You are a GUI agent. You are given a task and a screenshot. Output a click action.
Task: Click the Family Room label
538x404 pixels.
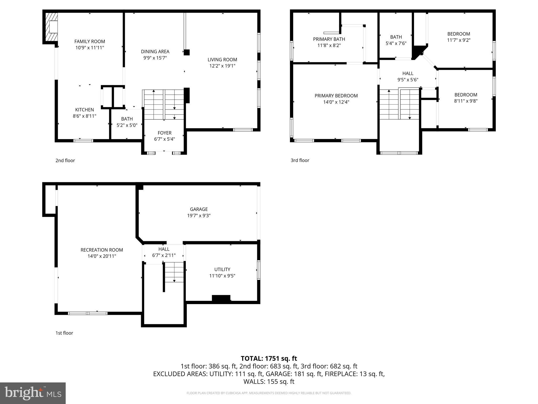click(90, 41)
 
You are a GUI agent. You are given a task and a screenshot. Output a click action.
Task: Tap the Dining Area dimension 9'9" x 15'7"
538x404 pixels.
click(155, 58)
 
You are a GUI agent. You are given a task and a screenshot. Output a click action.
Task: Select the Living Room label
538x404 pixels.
click(222, 60)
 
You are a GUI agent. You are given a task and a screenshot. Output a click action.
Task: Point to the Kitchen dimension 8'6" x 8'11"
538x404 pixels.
click(84, 116)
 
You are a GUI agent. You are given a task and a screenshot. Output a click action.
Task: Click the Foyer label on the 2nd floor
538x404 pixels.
click(164, 133)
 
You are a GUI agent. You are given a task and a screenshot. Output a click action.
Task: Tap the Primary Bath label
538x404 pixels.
click(329, 39)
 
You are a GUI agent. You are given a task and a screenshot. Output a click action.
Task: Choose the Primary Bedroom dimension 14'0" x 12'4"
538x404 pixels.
click(336, 102)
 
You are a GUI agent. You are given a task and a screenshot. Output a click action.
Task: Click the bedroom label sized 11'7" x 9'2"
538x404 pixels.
click(459, 34)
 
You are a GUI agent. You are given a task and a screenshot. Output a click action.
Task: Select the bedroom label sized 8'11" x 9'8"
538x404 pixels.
click(466, 95)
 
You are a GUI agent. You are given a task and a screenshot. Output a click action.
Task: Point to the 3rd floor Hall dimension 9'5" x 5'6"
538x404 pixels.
click(408, 80)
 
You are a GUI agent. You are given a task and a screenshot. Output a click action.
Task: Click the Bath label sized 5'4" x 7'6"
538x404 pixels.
click(396, 37)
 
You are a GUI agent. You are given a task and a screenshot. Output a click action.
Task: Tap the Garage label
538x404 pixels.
click(199, 209)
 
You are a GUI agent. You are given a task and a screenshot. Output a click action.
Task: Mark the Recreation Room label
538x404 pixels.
click(102, 250)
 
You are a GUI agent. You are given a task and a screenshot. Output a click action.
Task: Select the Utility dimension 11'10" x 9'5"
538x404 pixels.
click(222, 276)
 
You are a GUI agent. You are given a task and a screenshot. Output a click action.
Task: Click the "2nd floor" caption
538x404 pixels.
click(65, 160)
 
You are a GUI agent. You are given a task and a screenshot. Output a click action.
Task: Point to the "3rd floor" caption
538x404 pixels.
click(300, 160)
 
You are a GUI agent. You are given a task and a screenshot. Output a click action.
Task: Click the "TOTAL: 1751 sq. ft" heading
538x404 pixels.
click(269, 358)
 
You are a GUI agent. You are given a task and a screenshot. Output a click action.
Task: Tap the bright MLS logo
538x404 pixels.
click(33, 393)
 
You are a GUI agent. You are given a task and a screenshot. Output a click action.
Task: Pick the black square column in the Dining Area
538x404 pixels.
click(187, 52)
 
